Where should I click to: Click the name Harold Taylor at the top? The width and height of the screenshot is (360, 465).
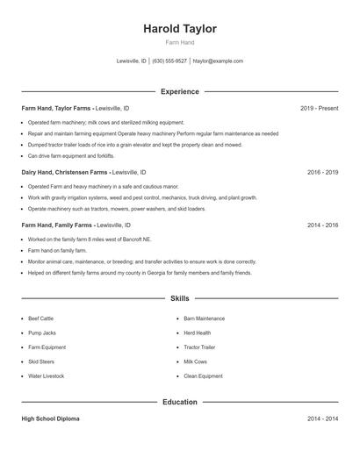tap(180, 29)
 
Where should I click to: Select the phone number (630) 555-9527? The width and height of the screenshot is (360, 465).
tap(169, 61)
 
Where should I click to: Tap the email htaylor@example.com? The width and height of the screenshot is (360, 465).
tap(218, 61)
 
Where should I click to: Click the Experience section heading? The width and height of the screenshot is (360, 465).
tap(180, 91)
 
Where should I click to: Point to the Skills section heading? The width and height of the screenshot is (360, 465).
tap(180, 299)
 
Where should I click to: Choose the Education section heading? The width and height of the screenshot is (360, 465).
tap(180, 402)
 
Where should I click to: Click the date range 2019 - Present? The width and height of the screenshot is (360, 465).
tap(319, 108)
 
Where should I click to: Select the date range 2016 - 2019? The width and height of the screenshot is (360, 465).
tap(322, 173)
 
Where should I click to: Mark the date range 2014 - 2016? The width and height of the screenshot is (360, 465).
tap(322, 225)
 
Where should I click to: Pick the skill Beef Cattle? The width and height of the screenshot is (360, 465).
tap(41, 318)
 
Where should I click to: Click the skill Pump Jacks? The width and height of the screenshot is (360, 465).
tap(41, 333)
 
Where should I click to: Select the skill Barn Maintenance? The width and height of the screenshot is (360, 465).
tap(205, 318)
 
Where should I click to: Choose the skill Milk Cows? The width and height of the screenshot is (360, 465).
tap(195, 361)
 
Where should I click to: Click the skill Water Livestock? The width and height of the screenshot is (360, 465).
tap(46, 376)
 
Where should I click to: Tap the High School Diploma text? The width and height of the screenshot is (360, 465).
tap(51, 419)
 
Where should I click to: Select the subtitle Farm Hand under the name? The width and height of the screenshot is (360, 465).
tap(180, 43)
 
